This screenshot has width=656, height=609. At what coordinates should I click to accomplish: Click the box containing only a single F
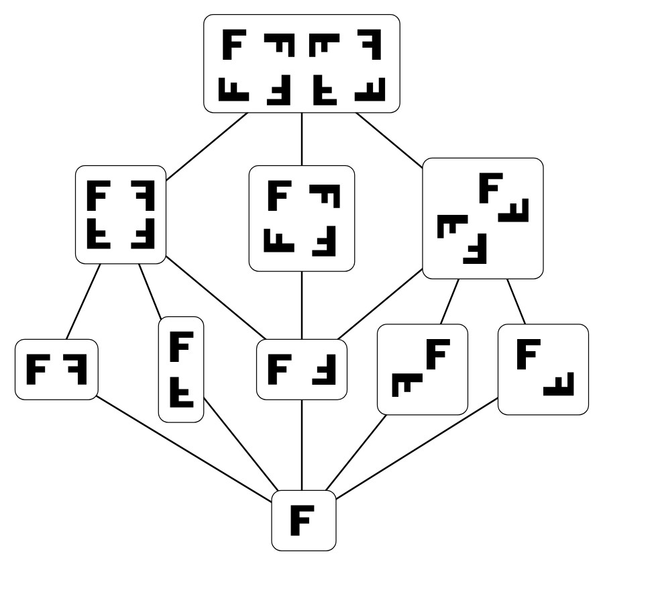(303, 520)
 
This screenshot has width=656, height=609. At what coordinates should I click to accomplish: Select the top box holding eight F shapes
(301, 64)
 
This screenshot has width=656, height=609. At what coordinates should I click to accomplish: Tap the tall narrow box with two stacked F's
(180, 369)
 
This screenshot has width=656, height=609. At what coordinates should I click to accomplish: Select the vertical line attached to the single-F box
(302, 444)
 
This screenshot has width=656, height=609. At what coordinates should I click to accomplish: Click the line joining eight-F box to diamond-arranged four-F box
(389, 139)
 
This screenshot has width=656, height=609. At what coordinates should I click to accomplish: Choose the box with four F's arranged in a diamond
(482, 218)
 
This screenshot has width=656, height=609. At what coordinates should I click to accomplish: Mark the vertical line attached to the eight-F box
(302, 138)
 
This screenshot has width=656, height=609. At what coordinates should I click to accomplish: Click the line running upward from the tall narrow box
(150, 290)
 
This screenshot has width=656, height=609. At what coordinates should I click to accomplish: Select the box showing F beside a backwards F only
(56, 369)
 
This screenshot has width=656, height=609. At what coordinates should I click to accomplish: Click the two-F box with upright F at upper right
(422, 369)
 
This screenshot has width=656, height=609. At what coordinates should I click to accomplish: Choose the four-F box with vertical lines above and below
(301, 218)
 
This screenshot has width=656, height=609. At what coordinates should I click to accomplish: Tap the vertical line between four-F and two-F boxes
(302, 305)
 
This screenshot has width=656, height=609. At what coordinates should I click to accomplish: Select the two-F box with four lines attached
(301, 369)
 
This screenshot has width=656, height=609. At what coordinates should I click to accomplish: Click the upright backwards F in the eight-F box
(372, 46)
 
